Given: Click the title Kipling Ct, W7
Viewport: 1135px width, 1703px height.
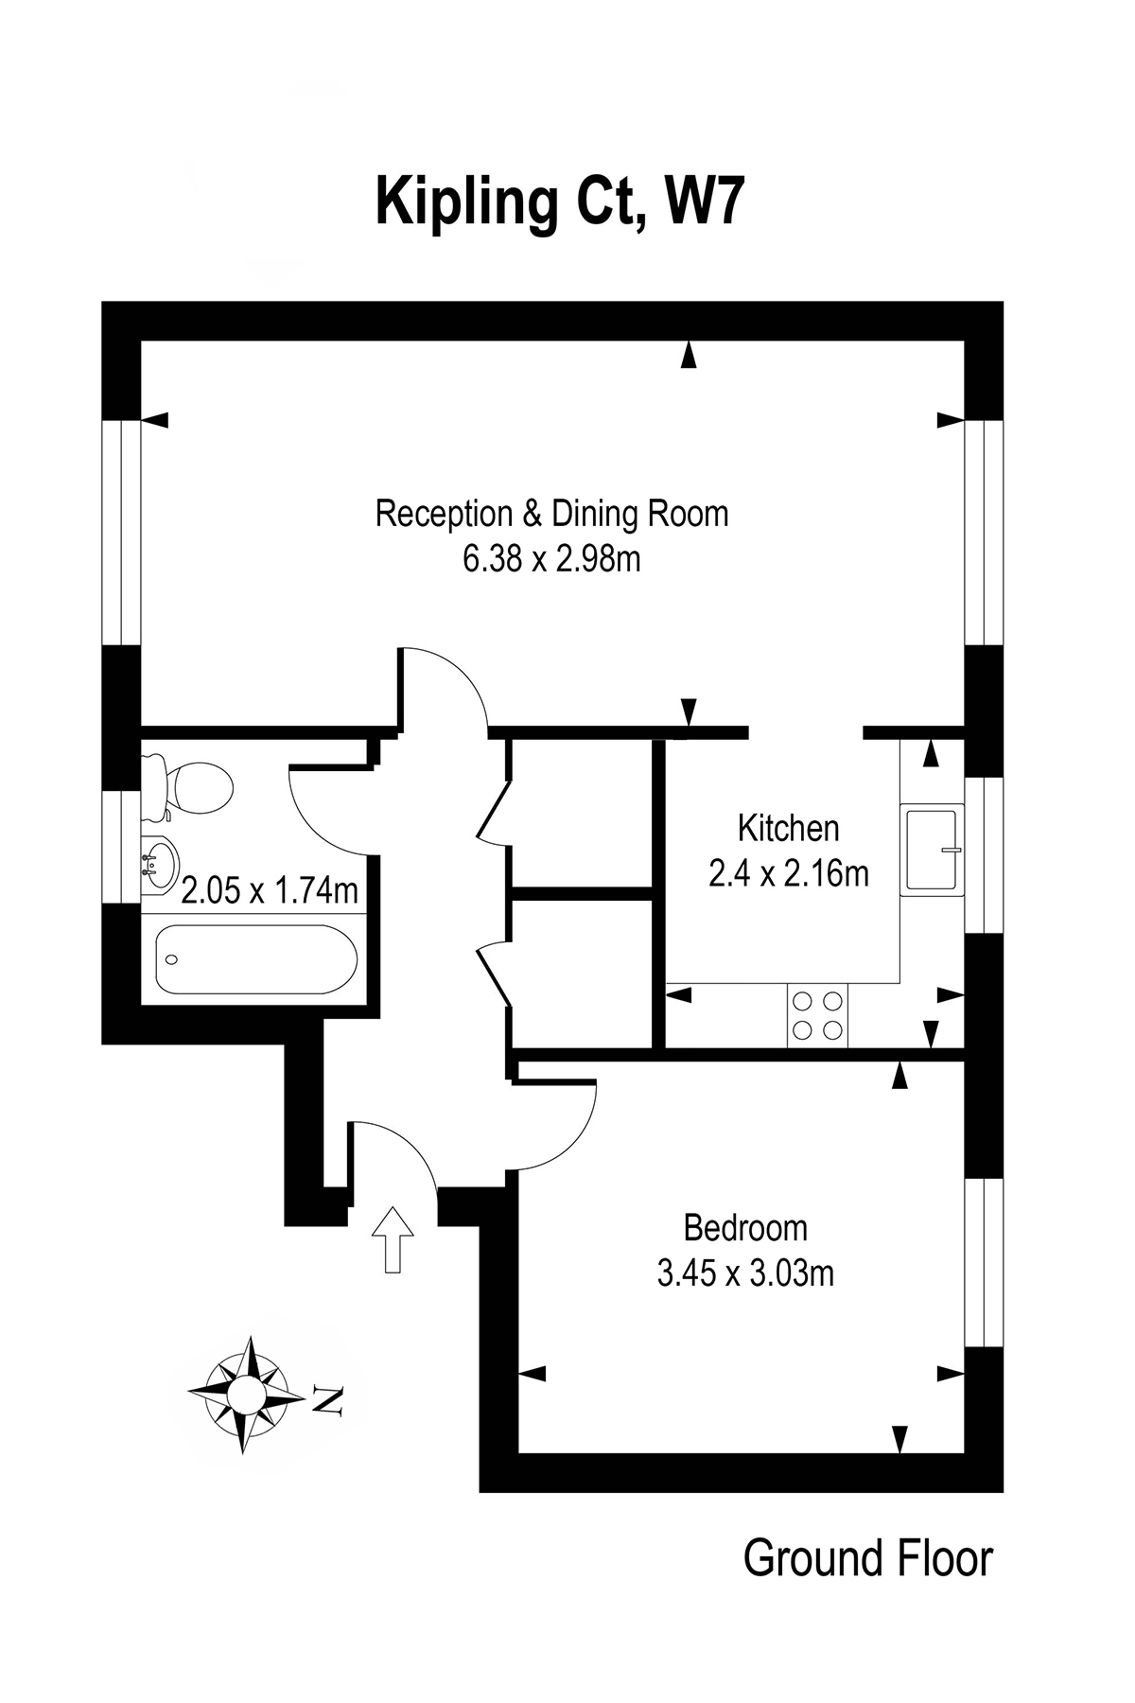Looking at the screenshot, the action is click(557, 202).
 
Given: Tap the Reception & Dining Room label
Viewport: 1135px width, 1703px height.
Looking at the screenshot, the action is click(552, 514).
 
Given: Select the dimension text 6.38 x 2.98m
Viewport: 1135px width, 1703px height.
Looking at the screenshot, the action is click(551, 559).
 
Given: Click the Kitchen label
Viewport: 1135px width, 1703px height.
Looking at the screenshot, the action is click(788, 828).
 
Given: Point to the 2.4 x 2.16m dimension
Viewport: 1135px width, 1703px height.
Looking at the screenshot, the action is click(789, 873).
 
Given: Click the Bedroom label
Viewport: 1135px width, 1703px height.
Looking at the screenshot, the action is click(745, 1228).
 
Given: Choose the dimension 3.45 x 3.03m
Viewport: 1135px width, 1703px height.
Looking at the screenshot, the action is click(745, 1273).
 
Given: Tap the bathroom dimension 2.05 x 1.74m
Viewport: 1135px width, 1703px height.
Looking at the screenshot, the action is click(270, 890).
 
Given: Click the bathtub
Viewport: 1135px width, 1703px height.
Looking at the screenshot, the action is click(255, 958).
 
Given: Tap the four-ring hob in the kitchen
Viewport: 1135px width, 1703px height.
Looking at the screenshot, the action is click(817, 1015).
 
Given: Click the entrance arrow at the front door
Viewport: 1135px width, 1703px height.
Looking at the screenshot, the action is click(393, 1239).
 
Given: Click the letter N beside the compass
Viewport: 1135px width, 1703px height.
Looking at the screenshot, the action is click(326, 1400).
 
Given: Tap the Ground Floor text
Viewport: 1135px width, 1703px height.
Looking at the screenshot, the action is click(868, 1558).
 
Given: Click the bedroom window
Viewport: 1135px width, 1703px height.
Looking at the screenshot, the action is click(984, 1263).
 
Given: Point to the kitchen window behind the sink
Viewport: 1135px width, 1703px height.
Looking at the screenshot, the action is click(984, 855).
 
